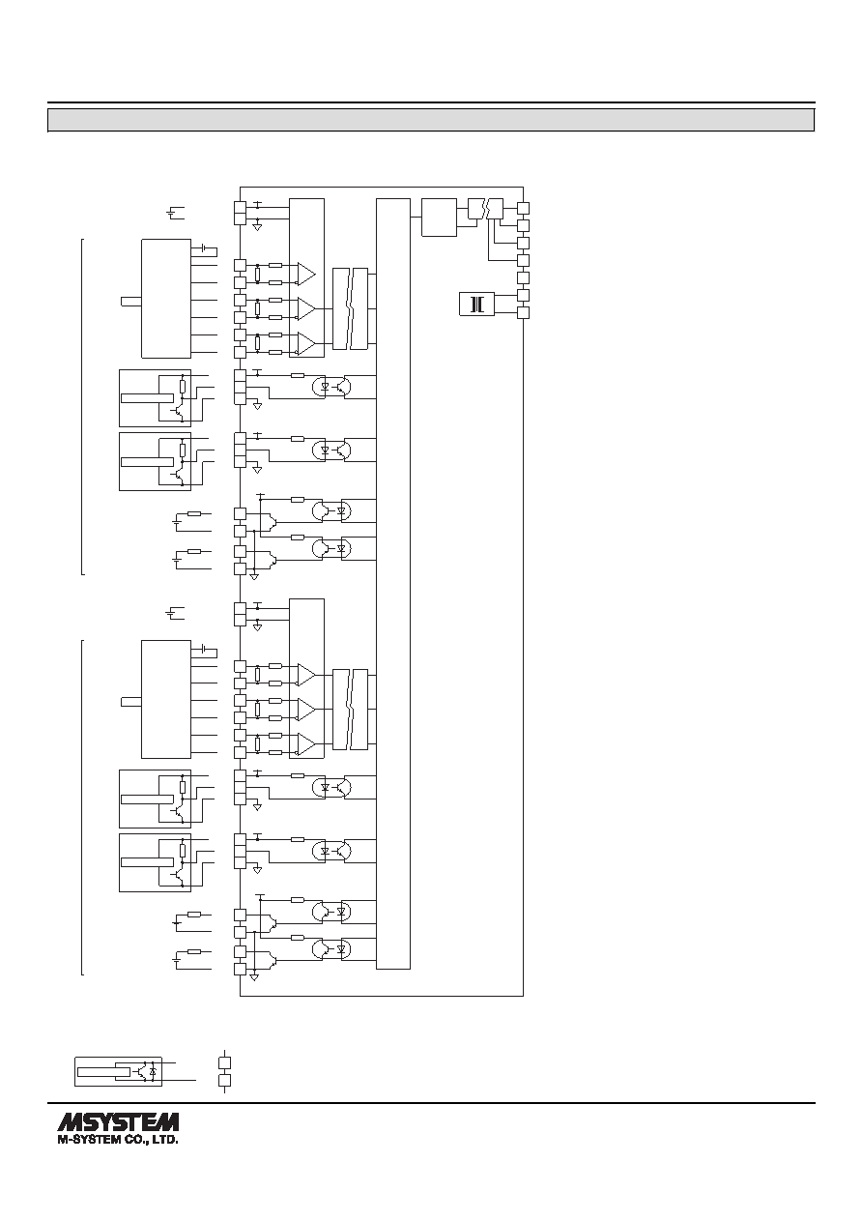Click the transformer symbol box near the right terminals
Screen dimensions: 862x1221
(x=476, y=305)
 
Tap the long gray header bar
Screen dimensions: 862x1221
(x=431, y=120)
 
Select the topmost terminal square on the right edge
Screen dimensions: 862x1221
(x=523, y=208)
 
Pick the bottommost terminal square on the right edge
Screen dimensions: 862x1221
(x=523, y=313)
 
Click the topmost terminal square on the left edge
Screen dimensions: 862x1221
(x=241, y=207)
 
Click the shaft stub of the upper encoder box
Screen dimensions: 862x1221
(x=131, y=302)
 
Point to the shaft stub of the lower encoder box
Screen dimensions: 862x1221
(x=131, y=702)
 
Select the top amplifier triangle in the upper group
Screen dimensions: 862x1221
(x=305, y=274)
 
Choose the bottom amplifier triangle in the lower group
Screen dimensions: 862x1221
(x=305, y=744)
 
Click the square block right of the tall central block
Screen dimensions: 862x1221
(x=439, y=218)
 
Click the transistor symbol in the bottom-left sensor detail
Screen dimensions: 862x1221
(x=143, y=1071)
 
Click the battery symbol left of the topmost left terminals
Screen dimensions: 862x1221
(x=176, y=213)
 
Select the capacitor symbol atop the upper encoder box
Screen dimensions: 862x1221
(x=204, y=249)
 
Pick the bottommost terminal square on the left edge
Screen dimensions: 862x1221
(x=241, y=970)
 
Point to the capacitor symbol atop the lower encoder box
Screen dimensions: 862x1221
(x=204, y=650)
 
